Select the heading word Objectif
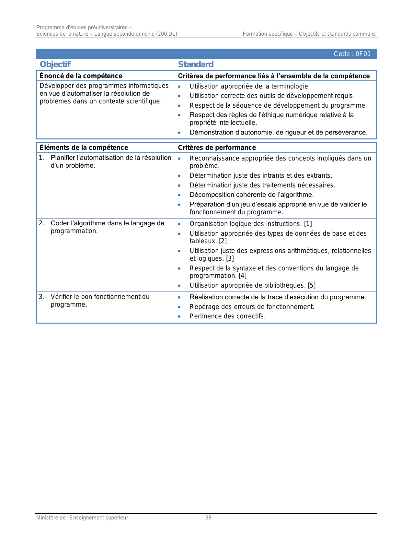pyautogui.click(x=55, y=64)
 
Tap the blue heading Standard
pyautogui.click(x=196, y=64)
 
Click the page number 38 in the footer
pyautogui.click(x=209, y=518)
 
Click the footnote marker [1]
pyautogui.click(x=308, y=224)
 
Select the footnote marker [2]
pyautogui.click(x=223, y=241)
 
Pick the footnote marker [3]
pyautogui.click(x=230, y=258)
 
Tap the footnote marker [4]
pyautogui.click(x=243, y=276)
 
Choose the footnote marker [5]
pyautogui.click(x=312, y=285)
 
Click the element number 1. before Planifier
pyautogui.click(x=41, y=158)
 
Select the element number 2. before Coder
pyautogui.click(x=41, y=223)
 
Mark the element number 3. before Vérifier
pyautogui.click(x=41, y=297)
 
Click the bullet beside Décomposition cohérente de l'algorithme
pyautogui.click(x=179, y=195)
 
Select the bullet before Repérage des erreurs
pyautogui.click(x=179, y=307)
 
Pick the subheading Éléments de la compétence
pyautogui.click(x=84, y=148)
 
